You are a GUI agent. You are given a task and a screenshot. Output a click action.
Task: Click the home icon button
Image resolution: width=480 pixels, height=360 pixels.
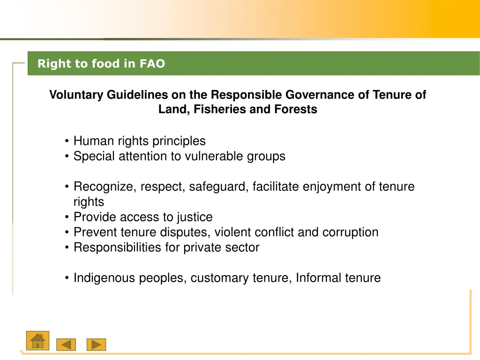(38, 340)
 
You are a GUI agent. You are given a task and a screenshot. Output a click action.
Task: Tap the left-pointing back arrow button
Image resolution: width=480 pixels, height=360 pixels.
(66, 345)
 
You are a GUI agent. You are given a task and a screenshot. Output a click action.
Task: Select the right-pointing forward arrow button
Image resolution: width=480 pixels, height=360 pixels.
(96, 345)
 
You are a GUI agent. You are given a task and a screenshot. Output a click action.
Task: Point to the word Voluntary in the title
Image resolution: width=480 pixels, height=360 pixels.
(77, 95)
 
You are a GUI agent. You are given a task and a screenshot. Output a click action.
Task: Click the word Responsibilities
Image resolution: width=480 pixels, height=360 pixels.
(117, 247)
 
